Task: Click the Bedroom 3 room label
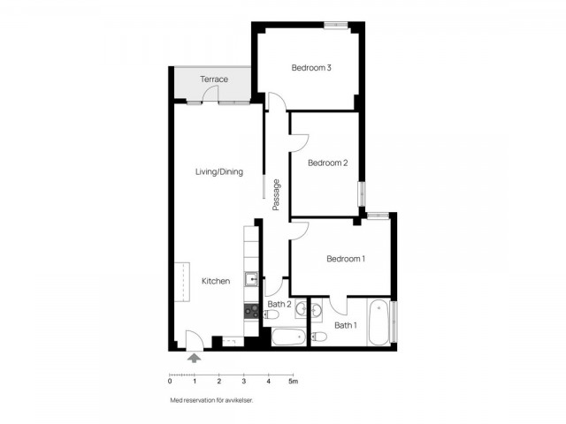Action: pyautogui.click(x=311, y=68)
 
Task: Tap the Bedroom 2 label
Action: pyautogui.click(x=328, y=163)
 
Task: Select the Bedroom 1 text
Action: pyautogui.click(x=346, y=259)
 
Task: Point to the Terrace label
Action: pyautogui.click(x=214, y=79)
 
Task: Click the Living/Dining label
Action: pyautogui.click(x=219, y=172)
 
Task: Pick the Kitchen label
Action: pyautogui.click(x=216, y=281)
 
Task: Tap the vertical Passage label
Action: pyautogui.click(x=276, y=195)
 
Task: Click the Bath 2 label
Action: pyautogui.click(x=279, y=304)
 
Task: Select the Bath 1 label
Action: pyautogui.click(x=346, y=326)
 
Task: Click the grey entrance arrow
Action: pyautogui.click(x=195, y=358)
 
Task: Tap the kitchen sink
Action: pyautogui.click(x=251, y=279)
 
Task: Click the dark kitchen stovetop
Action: pyautogui.click(x=251, y=311)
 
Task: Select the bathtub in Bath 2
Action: pyautogui.click(x=289, y=337)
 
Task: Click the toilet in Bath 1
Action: pyautogui.click(x=318, y=337)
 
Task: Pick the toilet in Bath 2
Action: pyautogui.click(x=272, y=315)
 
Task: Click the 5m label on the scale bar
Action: pyautogui.click(x=293, y=382)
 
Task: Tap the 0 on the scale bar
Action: pyautogui.click(x=170, y=382)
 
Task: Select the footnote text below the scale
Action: pyautogui.click(x=211, y=400)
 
